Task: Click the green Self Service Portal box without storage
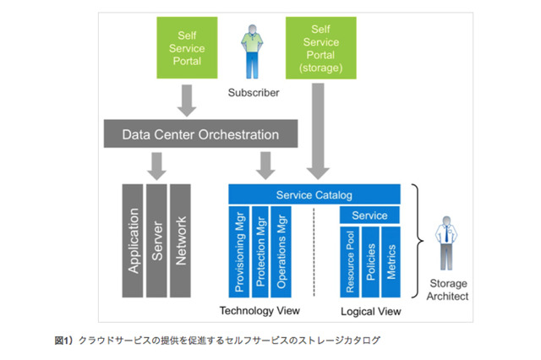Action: [x=187, y=47]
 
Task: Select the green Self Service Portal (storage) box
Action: [x=319, y=47]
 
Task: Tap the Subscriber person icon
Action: [x=251, y=53]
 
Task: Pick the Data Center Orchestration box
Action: [x=200, y=134]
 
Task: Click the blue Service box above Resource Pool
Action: [x=369, y=216]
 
